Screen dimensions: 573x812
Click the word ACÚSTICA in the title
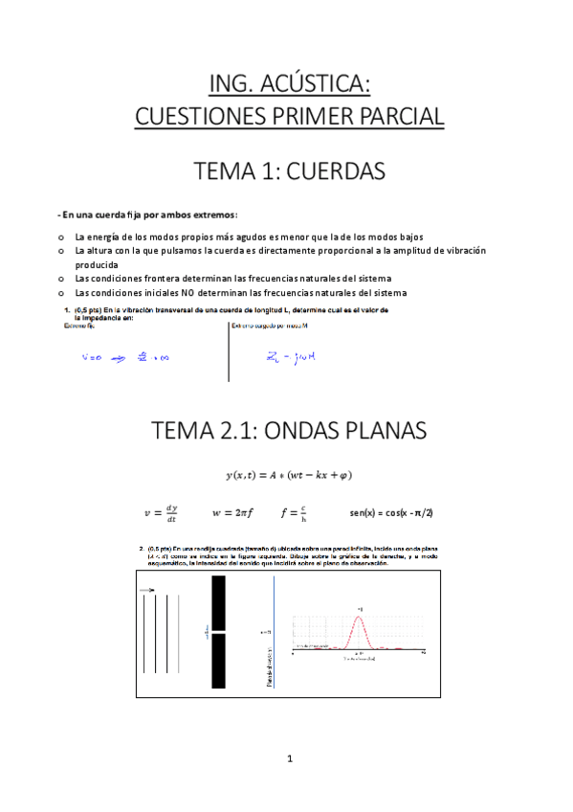[321, 84]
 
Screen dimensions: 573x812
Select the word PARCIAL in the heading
[393, 117]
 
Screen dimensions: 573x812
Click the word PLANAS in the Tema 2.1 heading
[368, 430]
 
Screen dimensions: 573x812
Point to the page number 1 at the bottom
[287, 759]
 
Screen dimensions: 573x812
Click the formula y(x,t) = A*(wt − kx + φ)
[286, 474]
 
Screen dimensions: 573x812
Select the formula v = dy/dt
[160, 513]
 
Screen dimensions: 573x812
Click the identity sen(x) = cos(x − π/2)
[392, 512]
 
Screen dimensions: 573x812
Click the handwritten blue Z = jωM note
[291, 359]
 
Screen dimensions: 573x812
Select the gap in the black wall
[219, 632]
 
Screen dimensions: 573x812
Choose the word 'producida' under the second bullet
[97, 264]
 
